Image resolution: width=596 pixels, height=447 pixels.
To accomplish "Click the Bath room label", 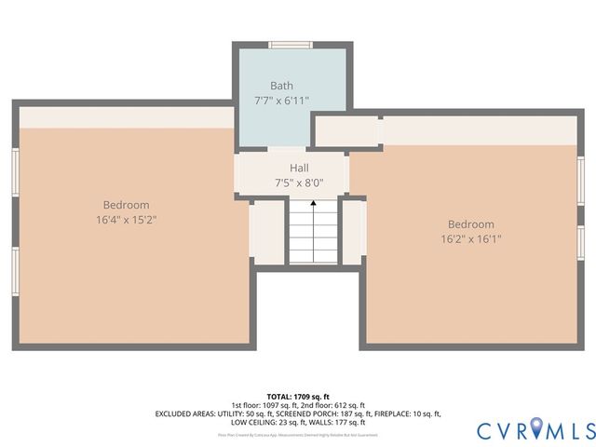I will point(281,85).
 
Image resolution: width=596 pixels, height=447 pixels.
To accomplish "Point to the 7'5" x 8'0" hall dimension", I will point(298,183).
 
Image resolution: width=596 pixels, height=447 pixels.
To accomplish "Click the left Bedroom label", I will point(126,205).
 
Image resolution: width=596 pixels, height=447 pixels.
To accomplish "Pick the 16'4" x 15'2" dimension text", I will point(126,220).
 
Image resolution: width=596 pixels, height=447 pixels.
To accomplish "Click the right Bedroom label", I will point(470,223).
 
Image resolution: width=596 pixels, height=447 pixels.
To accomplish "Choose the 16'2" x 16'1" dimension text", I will point(470,238).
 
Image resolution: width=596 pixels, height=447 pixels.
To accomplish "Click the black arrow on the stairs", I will point(313,202).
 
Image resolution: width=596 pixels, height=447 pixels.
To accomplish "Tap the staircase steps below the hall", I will point(313,237).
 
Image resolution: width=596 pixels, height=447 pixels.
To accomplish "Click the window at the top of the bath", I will point(290,44).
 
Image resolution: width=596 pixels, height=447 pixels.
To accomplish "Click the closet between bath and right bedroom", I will point(346,131).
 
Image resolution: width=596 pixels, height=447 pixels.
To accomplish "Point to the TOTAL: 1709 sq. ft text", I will point(298,396).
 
